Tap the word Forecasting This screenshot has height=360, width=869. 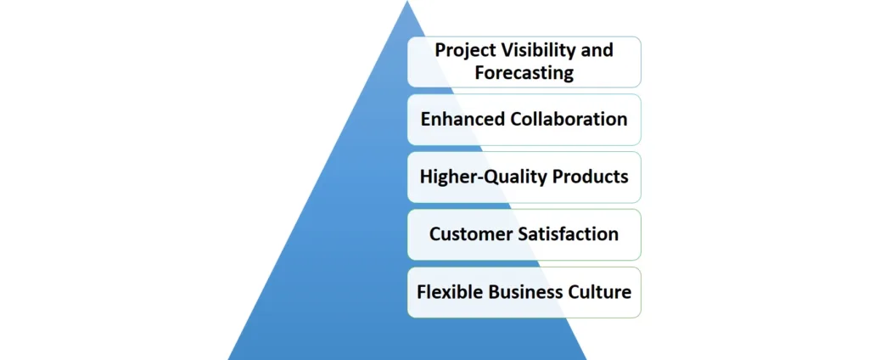[x=524, y=73]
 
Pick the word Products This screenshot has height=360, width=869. [x=590, y=177]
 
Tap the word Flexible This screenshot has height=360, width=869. [x=448, y=292]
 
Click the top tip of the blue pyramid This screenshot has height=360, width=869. [x=407, y=1]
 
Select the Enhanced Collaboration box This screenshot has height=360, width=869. [x=524, y=119]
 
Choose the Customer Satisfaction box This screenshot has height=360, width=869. [x=524, y=234]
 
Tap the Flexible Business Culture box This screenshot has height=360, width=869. [x=524, y=292]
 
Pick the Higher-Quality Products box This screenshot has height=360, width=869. [x=524, y=177]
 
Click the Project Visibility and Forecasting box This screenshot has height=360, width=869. [x=524, y=62]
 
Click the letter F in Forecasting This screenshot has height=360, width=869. [x=480, y=73]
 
